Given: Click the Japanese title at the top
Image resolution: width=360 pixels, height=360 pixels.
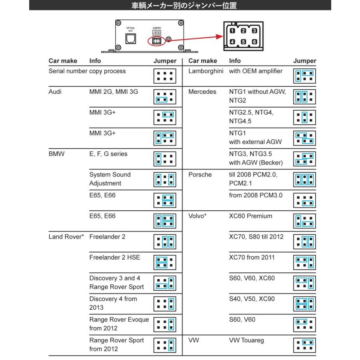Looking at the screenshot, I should (180, 6).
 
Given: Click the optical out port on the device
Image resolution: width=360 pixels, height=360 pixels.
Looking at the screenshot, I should (131, 39).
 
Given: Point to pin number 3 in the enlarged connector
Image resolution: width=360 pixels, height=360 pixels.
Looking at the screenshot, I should (253, 30).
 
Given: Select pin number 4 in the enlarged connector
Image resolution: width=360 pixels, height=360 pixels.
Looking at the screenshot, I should (232, 41).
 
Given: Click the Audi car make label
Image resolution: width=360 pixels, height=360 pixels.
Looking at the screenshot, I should (56, 92).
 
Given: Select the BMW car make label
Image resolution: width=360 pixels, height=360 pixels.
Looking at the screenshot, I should (56, 154).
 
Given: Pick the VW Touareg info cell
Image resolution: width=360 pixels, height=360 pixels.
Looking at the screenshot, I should (246, 340).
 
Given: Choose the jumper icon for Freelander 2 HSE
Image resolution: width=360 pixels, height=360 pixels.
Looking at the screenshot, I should (165, 262).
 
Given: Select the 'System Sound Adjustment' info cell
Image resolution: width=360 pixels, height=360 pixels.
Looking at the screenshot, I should (110, 179).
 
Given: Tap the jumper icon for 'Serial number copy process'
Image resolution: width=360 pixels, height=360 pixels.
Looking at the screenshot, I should (165, 76).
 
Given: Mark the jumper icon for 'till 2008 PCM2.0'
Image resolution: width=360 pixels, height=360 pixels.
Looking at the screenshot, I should (304, 179).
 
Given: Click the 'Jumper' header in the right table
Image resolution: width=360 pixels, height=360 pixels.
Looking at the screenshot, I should (304, 61).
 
